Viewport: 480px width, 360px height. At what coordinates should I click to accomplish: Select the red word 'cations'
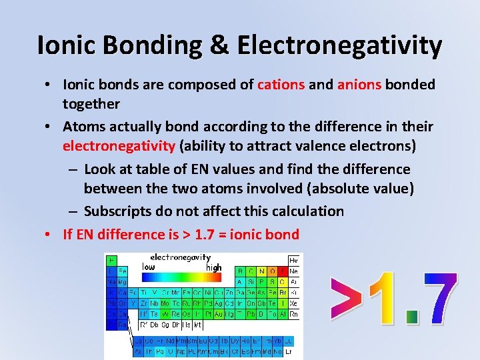point(281,85)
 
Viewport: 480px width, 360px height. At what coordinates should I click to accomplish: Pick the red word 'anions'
point(360,85)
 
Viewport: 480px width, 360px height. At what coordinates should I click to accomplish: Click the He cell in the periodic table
point(293,260)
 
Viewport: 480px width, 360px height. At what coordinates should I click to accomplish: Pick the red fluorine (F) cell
point(283,271)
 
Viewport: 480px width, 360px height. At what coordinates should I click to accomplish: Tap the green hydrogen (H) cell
point(111,260)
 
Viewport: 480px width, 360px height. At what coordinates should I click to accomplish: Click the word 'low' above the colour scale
point(149,267)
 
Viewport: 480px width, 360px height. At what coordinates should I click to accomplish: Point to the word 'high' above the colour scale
point(213,267)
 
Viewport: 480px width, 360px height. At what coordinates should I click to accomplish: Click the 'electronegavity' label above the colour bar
point(180,257)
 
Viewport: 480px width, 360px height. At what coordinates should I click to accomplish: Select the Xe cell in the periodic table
point(293,303)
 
